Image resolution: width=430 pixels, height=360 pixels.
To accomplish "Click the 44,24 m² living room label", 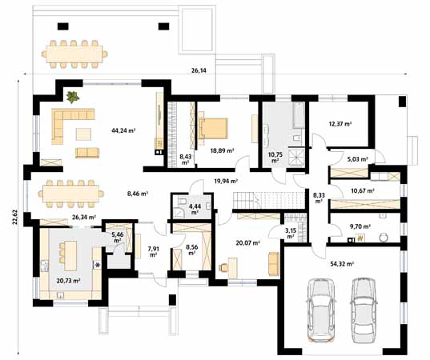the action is point(123,130).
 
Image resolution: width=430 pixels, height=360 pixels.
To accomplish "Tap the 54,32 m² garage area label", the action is point(341,264).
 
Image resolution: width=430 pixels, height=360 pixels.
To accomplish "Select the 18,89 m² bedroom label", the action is point(222,150).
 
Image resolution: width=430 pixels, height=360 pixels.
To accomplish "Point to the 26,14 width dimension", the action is point(199,70).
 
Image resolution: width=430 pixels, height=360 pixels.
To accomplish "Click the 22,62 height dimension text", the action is point(14,217).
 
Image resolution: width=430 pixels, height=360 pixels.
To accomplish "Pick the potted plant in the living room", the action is point(73,97).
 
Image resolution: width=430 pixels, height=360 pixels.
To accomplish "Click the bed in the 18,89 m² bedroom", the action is point(213,128).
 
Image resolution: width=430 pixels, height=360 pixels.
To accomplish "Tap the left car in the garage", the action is point(320,310).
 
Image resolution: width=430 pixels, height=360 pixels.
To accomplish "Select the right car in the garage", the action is point(364,310).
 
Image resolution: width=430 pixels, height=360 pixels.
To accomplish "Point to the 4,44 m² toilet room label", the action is point(195,210).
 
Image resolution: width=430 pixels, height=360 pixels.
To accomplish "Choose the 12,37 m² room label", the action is point(340,124).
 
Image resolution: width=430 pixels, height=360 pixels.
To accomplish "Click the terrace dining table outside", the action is point(74,54).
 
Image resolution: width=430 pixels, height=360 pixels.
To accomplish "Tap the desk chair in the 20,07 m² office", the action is point(223,266).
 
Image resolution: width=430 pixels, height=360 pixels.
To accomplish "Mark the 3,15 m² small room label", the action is point(290,231).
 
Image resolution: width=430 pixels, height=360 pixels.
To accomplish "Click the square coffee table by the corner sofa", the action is point(83,134).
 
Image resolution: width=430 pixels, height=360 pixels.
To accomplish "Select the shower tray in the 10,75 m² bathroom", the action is point(296,158).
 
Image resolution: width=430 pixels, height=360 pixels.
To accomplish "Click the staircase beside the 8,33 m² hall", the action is point(269,200).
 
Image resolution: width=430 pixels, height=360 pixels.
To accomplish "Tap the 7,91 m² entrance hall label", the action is point(153,252).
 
